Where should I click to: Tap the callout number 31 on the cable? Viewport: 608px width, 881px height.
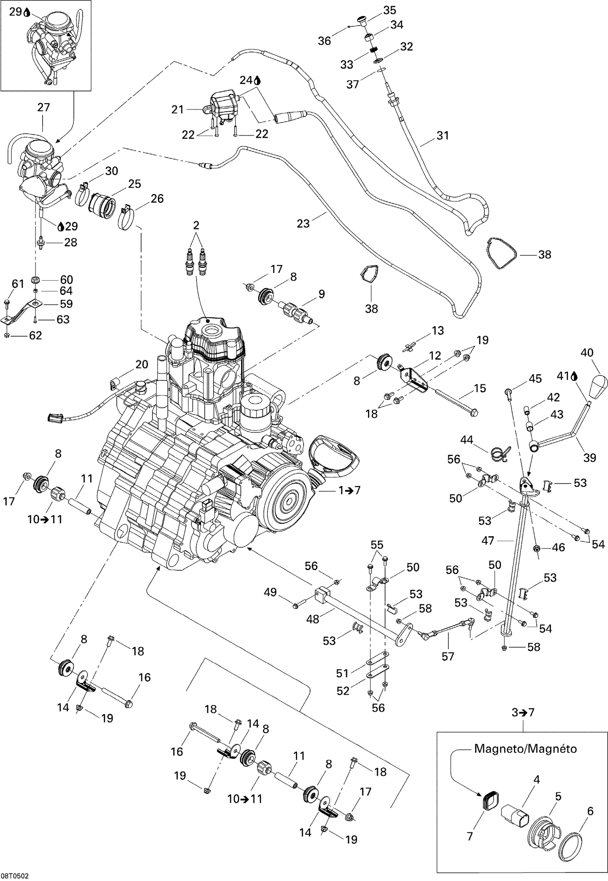(443, 135)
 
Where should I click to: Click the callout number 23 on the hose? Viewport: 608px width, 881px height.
(303, 223)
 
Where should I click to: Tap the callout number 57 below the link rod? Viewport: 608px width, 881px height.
(448, 656)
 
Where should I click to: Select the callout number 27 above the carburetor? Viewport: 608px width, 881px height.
(43, 107)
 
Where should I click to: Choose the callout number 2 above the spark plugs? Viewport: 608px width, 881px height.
(196, 226)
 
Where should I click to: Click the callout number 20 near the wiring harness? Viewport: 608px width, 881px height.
(142, 365)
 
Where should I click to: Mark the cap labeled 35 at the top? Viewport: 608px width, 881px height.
(361, 19)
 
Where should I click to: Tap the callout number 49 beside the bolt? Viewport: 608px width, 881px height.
(270, 592)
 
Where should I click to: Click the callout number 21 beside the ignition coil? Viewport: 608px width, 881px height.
(178, 109)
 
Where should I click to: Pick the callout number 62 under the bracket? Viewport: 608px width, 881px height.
(35, 335)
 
